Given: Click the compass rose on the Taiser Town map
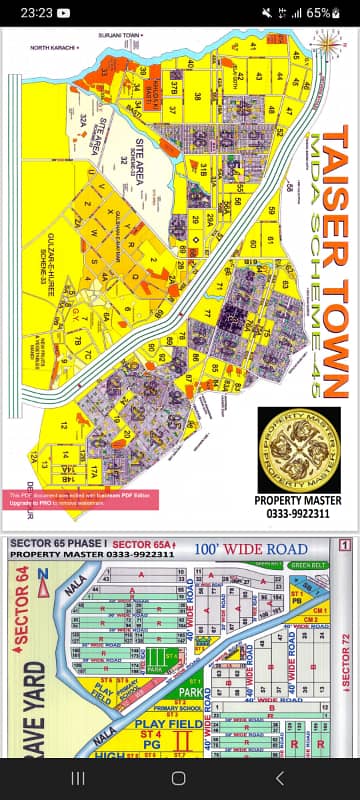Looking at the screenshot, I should coord(326,44).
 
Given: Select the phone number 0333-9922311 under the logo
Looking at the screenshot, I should coord(292,513).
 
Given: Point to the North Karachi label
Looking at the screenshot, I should coord(53,47).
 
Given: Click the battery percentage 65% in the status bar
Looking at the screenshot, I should coord(319,13).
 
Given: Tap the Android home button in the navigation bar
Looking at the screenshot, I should coord(179,778).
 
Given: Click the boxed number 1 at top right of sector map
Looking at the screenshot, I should coord(343,545).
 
